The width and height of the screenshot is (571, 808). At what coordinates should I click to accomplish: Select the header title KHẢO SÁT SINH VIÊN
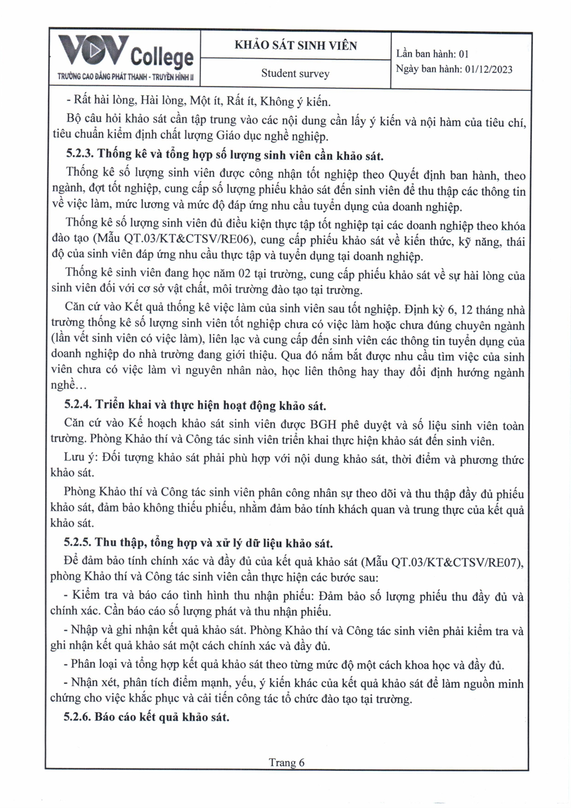point(296,46)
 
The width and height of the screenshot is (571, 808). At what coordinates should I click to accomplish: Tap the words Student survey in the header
point(295,74)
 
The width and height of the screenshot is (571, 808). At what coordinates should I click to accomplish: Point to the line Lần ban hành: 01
point(432,54)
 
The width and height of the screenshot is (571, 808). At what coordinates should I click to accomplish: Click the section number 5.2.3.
point(80,156)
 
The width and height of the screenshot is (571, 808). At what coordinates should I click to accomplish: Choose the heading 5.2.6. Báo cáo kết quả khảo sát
point(147,717)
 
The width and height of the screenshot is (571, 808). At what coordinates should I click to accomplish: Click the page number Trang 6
point(287,762)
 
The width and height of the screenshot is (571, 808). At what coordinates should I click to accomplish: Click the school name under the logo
point(125,78)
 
